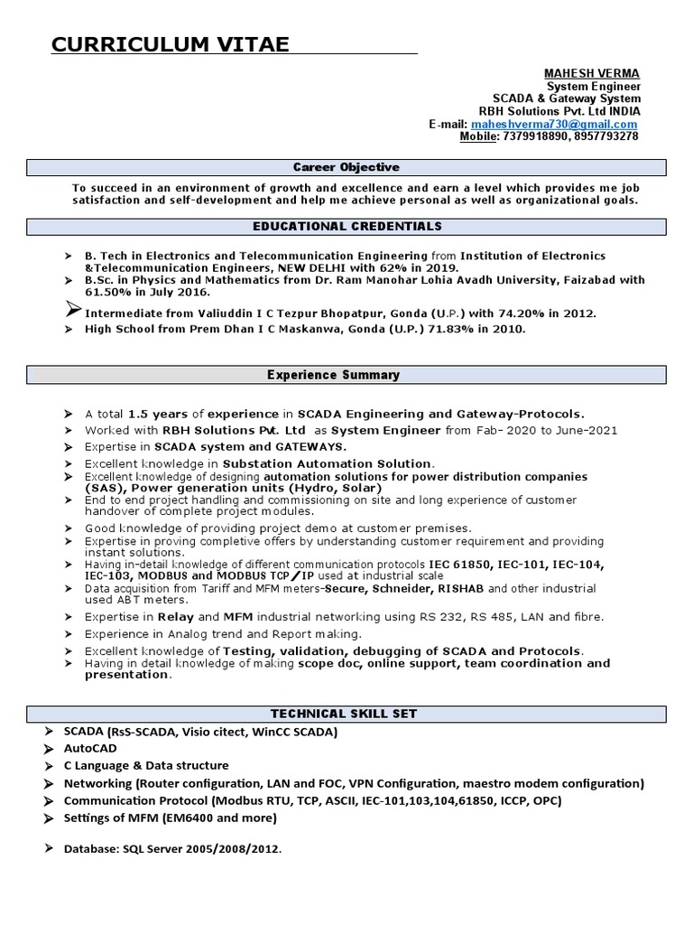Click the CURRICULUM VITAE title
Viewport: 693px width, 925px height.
click(171, 44)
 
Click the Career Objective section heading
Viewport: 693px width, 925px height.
click(346, 168)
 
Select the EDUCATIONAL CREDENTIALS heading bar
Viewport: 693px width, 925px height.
click(346, 226)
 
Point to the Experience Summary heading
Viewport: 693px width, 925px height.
click(346, 375)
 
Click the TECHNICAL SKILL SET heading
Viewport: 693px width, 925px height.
click(346, 714)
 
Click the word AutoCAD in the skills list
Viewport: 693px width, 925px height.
click(90, 749)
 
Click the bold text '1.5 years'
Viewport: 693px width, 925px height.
click(158, 414)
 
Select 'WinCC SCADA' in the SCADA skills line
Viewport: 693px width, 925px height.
click(298, 732)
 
